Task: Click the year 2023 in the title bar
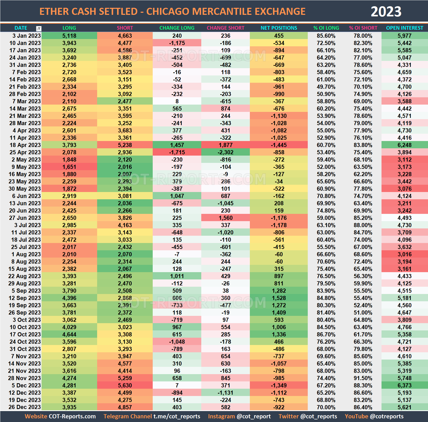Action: point(386,12)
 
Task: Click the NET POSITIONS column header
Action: point(279,28)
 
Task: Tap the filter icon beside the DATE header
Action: point(39,28)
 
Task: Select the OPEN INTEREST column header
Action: point(404,28)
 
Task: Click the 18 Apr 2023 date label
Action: point(25,145)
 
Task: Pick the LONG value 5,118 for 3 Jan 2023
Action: point(69,36)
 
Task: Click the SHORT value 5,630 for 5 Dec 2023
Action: point(125,385)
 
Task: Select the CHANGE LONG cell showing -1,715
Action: point(177,152)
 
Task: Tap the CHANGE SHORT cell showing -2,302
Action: point(225,152)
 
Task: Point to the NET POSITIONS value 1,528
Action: point(279,298)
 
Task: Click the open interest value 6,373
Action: point(404,385)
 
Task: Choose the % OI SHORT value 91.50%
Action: point(363,378)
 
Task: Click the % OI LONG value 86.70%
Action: point(326,334)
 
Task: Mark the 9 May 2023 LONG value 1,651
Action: point(69,167)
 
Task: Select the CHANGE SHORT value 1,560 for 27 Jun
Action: point(225,218)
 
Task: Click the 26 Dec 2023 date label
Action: point(24,407)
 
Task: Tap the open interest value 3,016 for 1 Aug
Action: point(404,254)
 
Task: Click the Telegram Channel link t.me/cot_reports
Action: point(177,416)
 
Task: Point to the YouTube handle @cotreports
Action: point(387,416)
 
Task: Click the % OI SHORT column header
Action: point(363,28)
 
